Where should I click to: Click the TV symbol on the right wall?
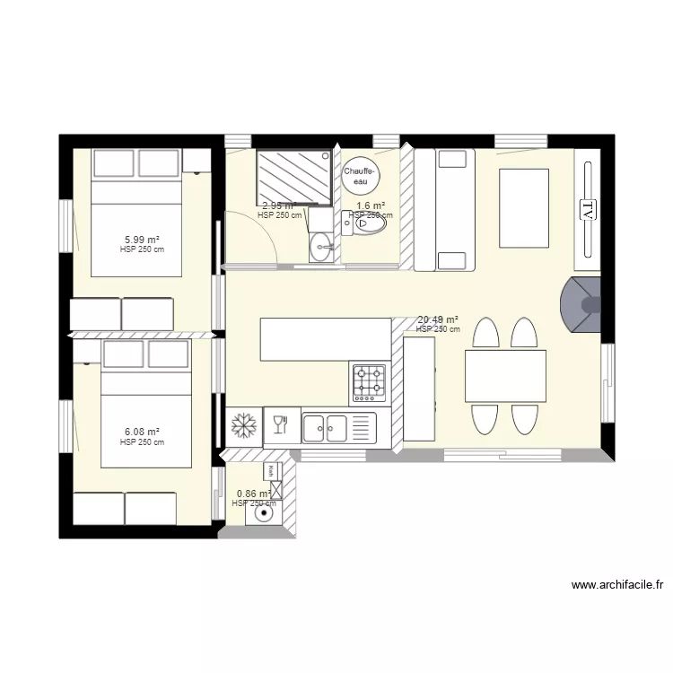click(x=588, y=211)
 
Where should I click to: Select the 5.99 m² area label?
click(x=142, y=240)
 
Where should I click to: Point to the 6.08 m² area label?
click(x=142, y=432)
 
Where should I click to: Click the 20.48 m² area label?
click(x=438, y=319)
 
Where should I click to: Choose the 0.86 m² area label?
click(x=253, y=494)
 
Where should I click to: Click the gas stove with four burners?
click(x=368, y=383)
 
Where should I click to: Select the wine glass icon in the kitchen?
click(x=279, y=424)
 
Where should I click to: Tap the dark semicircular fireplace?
click(x=579, y=305)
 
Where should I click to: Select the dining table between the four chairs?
click(x=505, y=375)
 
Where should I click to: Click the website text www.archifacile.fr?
click(x=618, y=586)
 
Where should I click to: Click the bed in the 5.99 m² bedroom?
click(x=139, y=229)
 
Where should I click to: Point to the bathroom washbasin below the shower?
click(x=320, y=246)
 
